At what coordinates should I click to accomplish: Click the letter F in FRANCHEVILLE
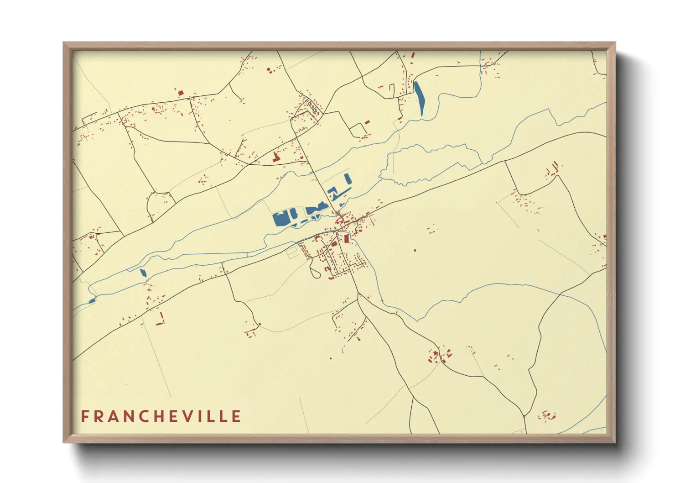85,416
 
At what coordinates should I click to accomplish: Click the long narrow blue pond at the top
419,98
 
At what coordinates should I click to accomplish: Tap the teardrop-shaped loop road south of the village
314,271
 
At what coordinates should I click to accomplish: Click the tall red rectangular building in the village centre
346,239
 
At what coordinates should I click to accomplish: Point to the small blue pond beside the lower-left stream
143,273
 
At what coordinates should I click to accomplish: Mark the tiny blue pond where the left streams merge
92,300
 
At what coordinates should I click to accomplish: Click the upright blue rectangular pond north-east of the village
348,178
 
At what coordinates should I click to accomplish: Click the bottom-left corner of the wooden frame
64,442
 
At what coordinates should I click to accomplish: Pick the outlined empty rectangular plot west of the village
291,252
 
